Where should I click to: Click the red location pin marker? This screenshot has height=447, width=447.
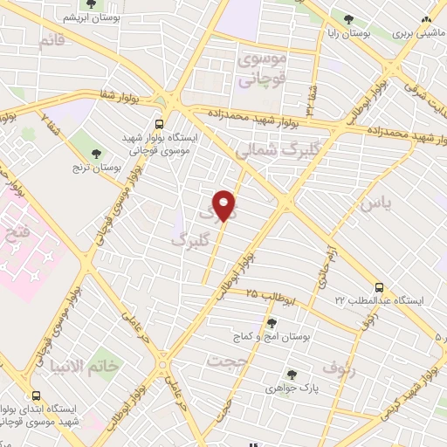coord(224,206)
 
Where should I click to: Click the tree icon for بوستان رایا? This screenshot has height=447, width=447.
coord(349,18)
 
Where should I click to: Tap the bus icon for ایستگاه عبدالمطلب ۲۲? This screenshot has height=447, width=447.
coord(380,286)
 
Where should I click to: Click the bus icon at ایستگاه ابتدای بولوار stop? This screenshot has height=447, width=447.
coord(36,395)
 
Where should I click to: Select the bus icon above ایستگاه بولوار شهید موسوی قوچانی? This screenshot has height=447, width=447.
coord(159,124)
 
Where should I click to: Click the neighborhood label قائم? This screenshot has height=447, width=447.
coord(52,41)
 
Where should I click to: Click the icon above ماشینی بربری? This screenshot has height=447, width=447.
coord(426,18)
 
